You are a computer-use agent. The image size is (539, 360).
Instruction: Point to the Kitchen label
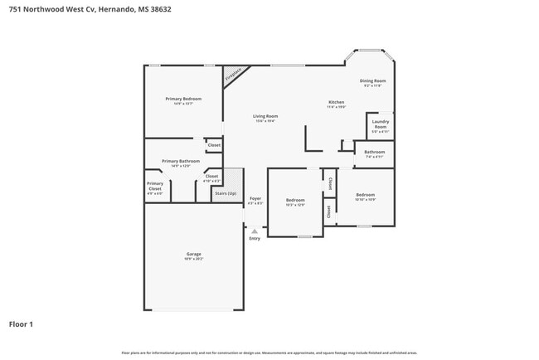[x=335, y=103]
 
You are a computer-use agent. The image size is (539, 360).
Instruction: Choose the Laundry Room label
[x=380, y=127]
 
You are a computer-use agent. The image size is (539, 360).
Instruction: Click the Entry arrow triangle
[x=255, y=231]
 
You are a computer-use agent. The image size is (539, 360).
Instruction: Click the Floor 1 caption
[x=21, y=324]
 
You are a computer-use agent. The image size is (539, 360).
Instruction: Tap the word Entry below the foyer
[x=255, y=239]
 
